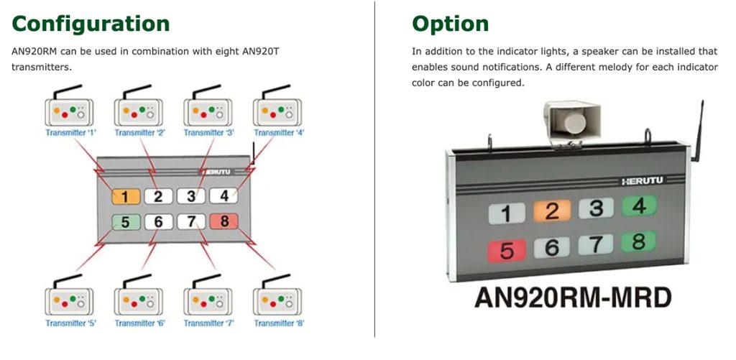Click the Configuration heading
tap(91, 24)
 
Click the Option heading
tap(450, 24)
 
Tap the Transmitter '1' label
tap(70, 133)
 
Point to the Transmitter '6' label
tap(139, 323)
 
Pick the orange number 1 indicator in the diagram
tap(125, 196)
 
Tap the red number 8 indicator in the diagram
tap(224, 222)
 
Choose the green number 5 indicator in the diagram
tap(125, 222)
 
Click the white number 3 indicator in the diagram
tap(191, 196)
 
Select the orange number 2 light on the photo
tap(552, 211)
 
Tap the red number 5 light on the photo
tap(507, 251)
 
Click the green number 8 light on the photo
tap(638, 241)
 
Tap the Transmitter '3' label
tap(208, 133)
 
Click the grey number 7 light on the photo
tap(596, 244)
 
